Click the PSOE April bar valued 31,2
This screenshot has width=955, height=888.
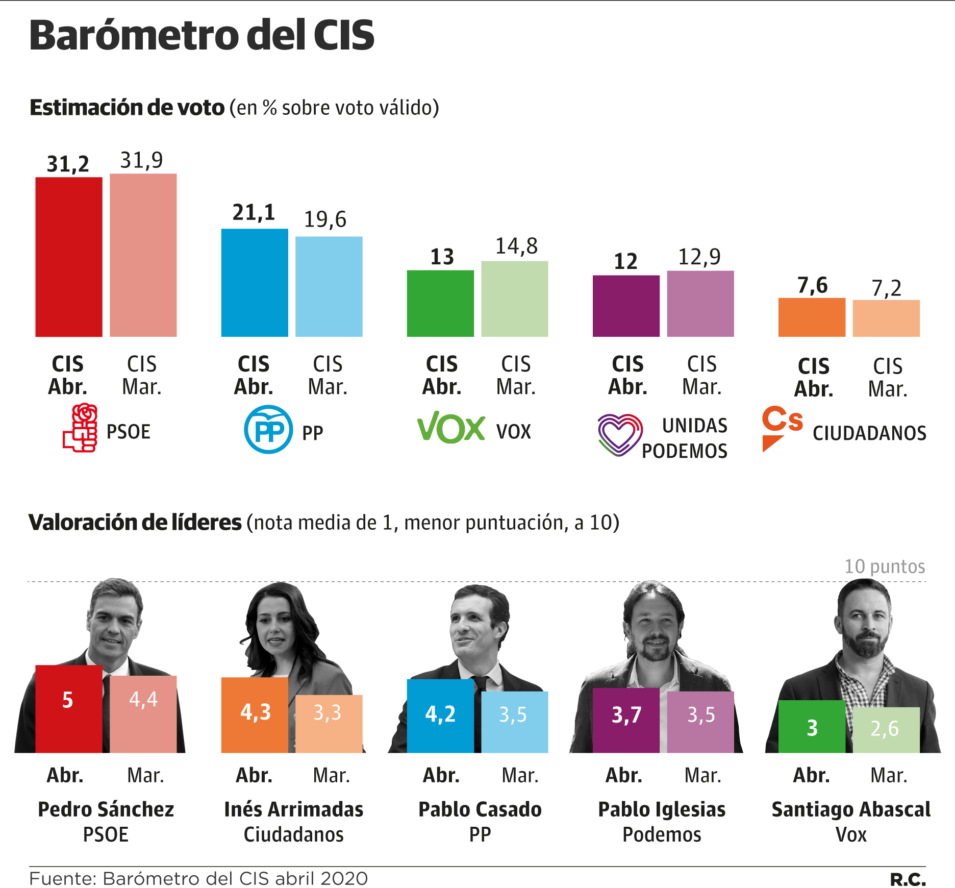(69, 257)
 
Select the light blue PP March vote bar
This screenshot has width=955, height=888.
(329, 286)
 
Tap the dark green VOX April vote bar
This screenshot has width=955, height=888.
(440, 303)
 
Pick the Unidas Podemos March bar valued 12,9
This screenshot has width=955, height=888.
(700, 303)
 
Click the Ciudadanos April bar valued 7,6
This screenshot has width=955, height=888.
(812, 317)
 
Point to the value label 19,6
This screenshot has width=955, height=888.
(325, 220)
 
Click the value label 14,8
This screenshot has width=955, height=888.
(516, 246)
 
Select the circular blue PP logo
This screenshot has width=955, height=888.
(268, 429)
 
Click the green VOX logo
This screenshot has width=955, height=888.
(451, 428)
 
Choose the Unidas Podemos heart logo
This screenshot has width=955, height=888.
(619, 434)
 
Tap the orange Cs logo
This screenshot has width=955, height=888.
(781, 427)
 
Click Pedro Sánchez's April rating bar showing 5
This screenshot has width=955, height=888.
(69, 709)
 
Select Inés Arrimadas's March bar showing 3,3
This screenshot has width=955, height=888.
(329, 723)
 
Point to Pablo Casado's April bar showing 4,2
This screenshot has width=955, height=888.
(440, 716)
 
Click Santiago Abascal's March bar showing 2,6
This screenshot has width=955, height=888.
(886, 729)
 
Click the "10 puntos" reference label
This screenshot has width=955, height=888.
(884, 566)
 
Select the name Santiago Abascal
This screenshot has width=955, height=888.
(851, 809)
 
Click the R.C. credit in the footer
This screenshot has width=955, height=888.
(908, 879)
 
